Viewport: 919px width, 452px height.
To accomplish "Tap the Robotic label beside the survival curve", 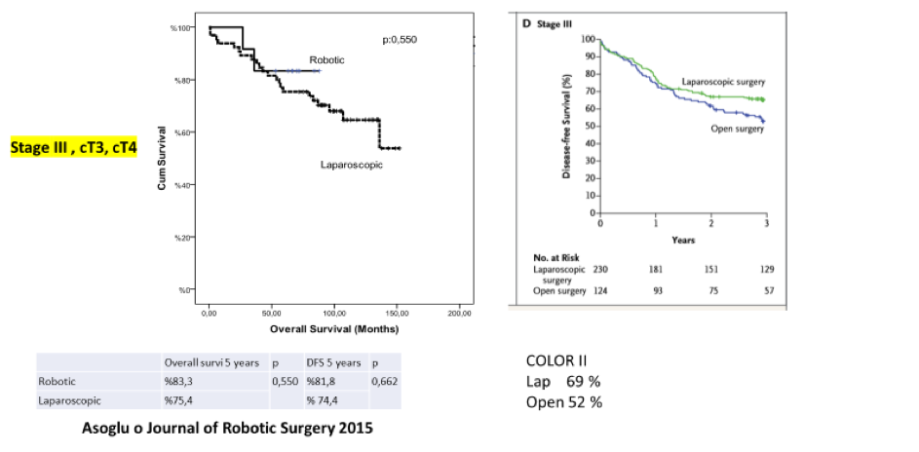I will [x=326, y=60].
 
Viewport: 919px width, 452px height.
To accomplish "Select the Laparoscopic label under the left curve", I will [x=351, y=165].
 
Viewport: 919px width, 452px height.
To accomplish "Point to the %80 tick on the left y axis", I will [x=182, y=80].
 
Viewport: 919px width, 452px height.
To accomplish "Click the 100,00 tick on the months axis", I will [x=334, y=314].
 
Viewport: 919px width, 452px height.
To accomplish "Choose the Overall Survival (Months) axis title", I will [x=333, y=328].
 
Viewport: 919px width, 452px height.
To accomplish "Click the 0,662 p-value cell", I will [x=384, y=381].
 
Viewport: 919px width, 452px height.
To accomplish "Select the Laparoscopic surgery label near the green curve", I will [x=723, y=82].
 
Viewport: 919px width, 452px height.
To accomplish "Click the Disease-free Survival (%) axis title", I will [x=566, y=127].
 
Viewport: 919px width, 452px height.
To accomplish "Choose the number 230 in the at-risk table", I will [x=602, y=267].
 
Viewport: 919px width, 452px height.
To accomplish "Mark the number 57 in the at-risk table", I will [x=767, y=291].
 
